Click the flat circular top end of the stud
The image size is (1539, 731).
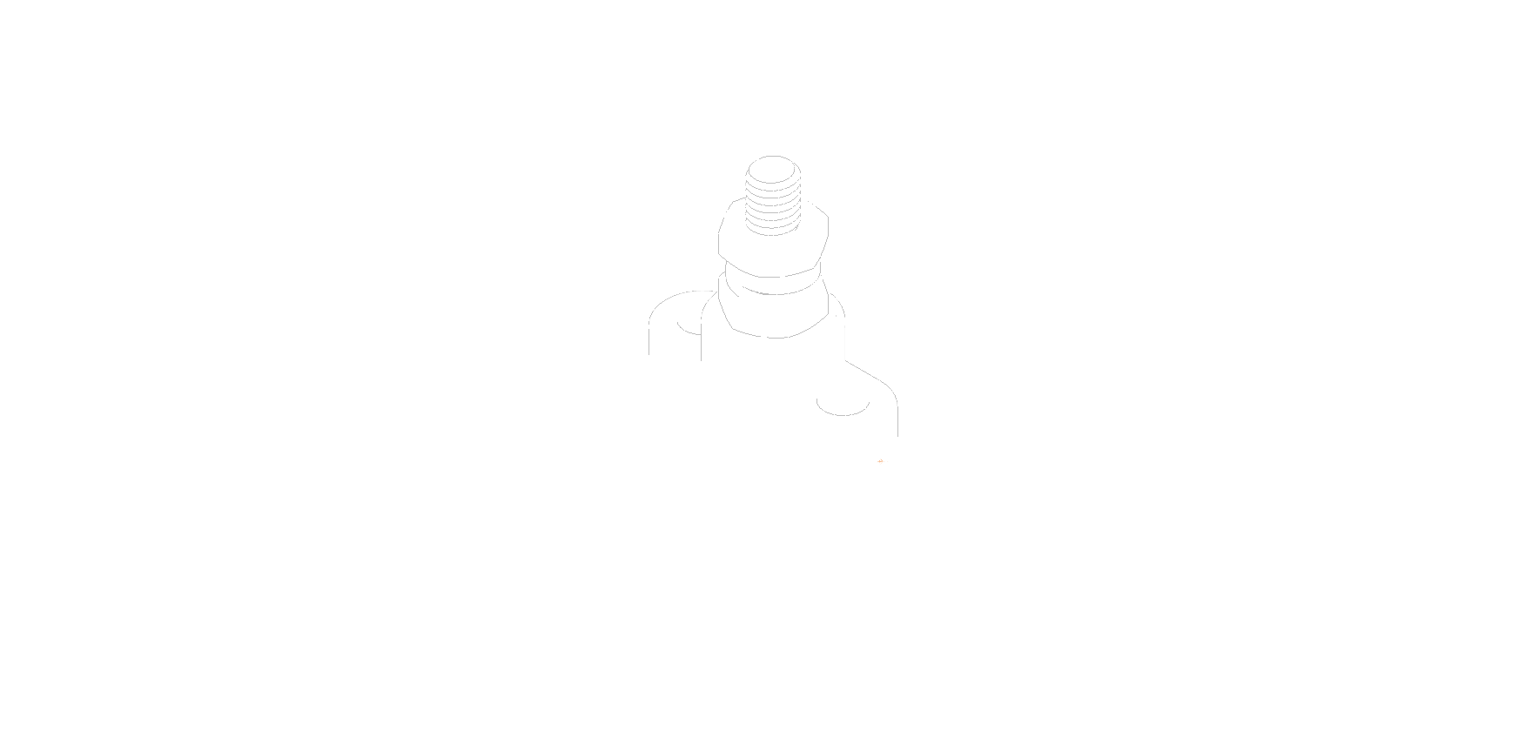(773, 168)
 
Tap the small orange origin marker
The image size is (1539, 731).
(881, 462)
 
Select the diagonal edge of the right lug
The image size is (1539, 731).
(866, 372)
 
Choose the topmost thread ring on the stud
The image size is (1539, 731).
(773, 182)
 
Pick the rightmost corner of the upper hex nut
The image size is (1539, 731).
(828, 228)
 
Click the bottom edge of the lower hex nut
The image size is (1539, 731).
(775, 337)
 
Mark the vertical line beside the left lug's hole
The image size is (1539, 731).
(702, 345)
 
